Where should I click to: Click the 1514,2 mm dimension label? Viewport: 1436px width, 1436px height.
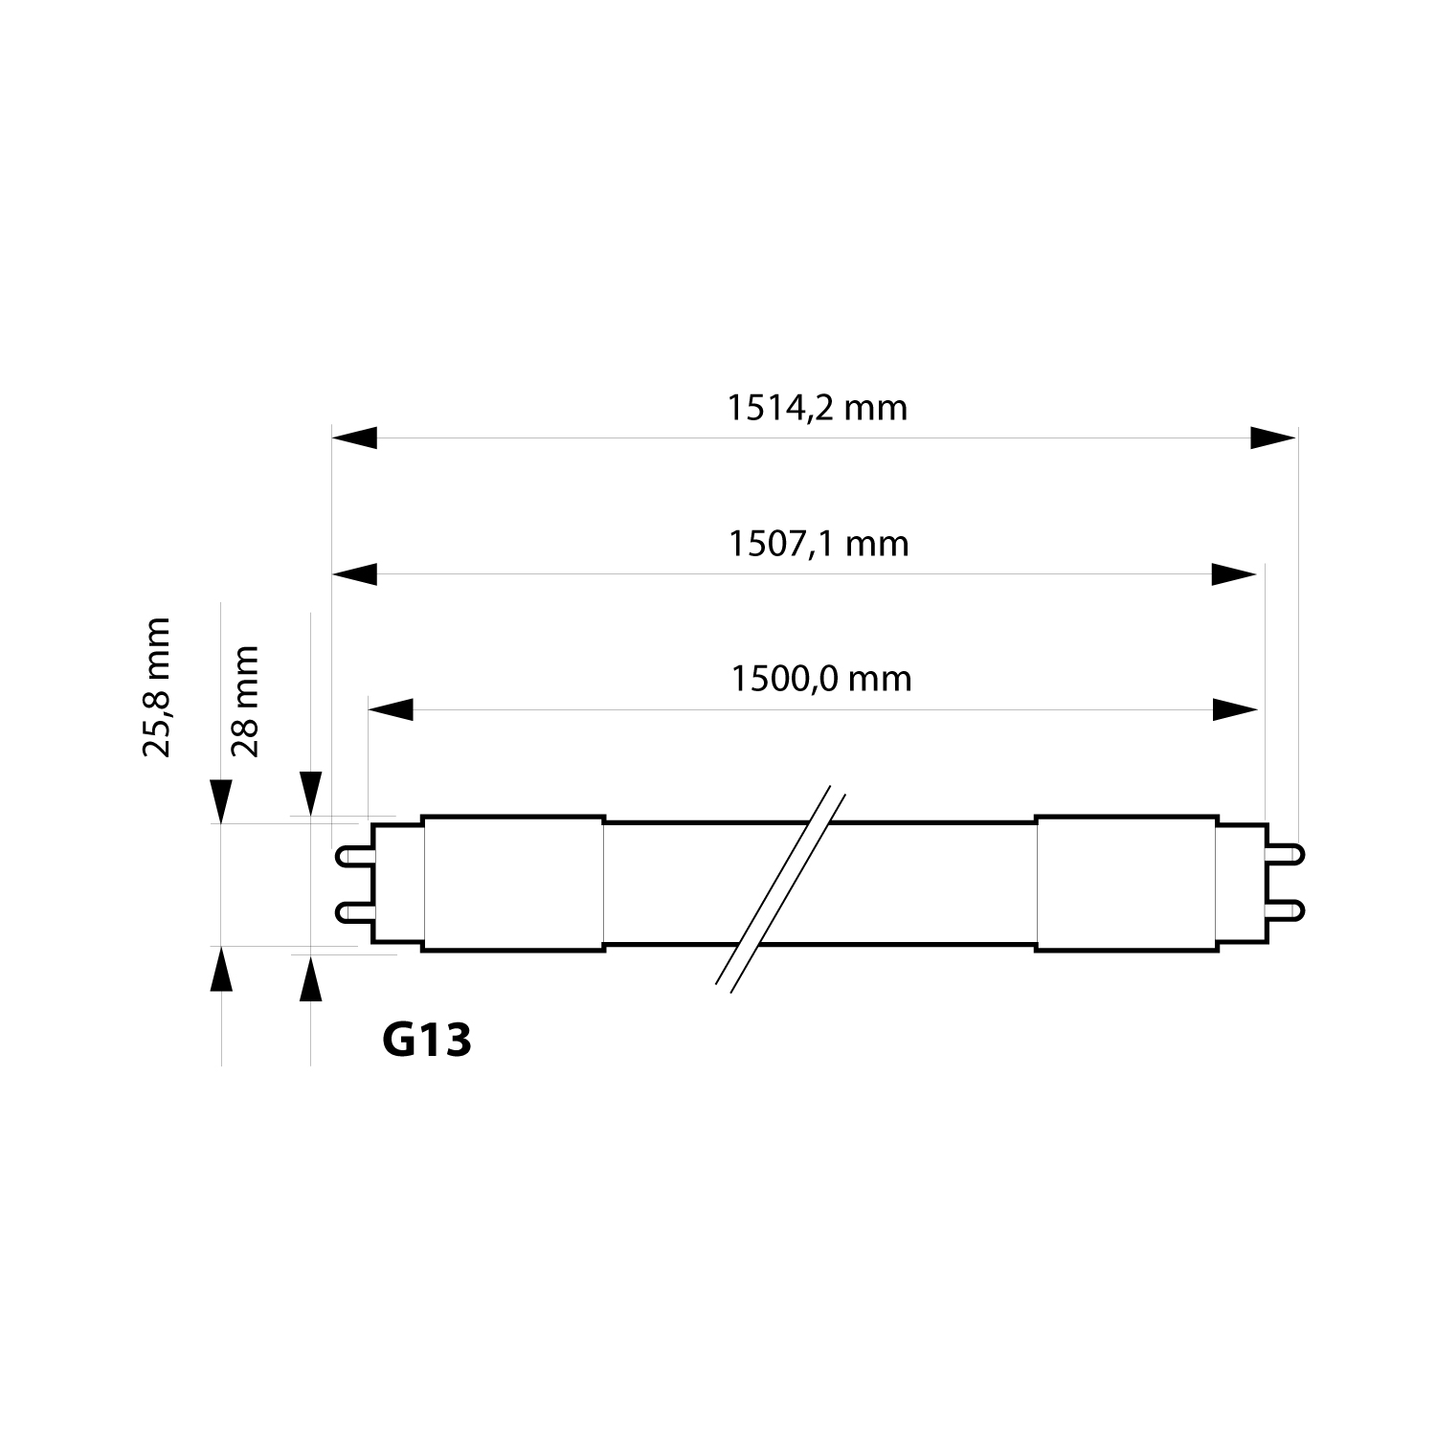[x=817, y=408]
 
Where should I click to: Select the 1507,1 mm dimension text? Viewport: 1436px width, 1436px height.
[x=819, y=544]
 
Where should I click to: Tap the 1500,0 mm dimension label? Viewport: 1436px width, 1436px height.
[x=821, y=679]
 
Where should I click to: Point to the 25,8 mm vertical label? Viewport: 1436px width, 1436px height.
[x=156, y=687]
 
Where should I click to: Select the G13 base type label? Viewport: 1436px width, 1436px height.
[x=427, y=1040]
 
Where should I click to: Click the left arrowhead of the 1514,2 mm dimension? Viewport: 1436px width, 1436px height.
[x=354, y=438]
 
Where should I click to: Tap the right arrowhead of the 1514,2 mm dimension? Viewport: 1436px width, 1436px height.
[x=1273, y=438]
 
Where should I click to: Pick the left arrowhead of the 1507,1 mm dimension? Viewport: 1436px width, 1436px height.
[x=354, y=574]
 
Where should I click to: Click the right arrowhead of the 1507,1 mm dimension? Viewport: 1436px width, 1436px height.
[x=1233, y=574]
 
